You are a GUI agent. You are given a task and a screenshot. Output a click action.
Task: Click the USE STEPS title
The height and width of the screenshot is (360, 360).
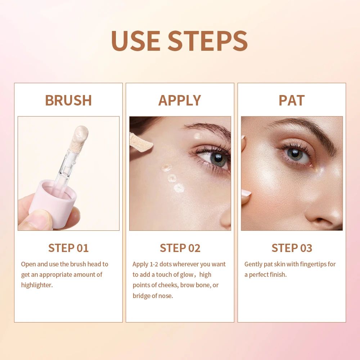(x=179, y=40)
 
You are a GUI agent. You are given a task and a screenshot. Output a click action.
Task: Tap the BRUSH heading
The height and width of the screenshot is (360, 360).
(x=68, y=100)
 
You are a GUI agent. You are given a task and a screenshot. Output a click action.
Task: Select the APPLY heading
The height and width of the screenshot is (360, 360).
(x=180, y=100)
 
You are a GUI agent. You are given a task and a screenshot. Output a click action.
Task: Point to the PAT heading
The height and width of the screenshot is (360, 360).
(x=292, y=100)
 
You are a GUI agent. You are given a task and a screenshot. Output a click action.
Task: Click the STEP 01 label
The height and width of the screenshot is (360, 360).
(x=68, y=248)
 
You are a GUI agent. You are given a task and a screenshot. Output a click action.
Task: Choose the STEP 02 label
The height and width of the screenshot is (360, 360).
(x=180, y=248)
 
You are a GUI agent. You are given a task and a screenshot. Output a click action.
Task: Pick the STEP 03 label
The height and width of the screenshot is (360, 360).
(x=292, y=248)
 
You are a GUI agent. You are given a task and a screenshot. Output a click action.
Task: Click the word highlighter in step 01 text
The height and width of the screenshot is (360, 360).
(x=37, y=285)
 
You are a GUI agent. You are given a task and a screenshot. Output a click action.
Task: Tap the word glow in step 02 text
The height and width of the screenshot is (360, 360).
(x=187, y=274)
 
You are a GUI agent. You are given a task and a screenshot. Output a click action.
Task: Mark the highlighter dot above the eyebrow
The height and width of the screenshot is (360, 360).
(x=197, y=136)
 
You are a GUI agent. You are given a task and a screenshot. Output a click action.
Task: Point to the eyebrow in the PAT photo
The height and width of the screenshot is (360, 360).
(x=306, y=129)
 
